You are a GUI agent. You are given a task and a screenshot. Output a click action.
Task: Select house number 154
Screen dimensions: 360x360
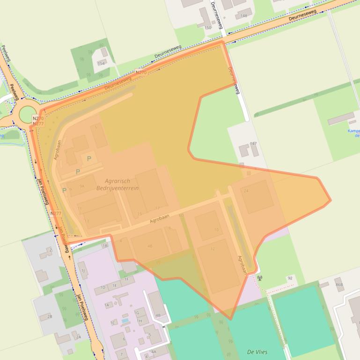101,63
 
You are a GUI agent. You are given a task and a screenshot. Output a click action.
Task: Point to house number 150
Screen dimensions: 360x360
208,28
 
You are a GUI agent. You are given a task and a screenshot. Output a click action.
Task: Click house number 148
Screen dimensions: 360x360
243,16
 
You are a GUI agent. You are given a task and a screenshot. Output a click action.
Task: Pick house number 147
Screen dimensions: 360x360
253,144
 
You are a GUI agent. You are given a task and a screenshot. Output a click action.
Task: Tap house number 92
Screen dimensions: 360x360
290,278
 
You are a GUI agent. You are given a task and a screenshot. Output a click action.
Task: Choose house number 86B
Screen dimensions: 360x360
339,284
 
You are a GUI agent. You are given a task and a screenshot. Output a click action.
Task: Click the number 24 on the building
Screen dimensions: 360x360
246,191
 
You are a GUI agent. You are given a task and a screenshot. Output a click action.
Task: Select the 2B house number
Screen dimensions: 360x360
49,317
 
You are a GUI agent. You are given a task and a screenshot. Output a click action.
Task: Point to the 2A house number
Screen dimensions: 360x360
78,337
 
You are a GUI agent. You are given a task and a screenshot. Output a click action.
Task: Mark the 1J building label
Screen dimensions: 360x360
83,270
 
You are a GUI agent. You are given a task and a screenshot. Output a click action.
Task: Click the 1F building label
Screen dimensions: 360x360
126,279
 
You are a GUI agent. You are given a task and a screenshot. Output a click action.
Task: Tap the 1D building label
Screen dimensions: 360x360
103,288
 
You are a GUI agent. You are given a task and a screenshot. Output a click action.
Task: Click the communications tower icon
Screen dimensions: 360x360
260,278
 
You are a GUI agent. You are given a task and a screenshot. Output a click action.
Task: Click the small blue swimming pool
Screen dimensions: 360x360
125,321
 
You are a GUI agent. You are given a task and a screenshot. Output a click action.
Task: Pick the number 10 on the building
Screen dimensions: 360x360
216,230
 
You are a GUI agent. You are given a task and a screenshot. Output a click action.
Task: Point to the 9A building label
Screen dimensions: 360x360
81,186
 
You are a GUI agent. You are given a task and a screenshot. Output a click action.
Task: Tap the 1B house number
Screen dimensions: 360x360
105,245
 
